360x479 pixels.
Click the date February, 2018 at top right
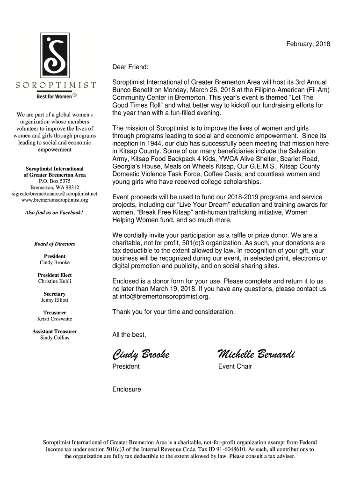308,44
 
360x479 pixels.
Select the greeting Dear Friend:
130,67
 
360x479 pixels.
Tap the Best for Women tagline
55,96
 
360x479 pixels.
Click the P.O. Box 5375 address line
55,181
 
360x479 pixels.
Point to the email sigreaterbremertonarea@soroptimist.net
55,193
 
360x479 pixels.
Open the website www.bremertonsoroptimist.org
55,200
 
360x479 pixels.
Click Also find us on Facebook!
55,213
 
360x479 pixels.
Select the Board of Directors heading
55,244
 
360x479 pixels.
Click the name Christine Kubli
55,282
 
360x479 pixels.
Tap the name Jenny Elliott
55,300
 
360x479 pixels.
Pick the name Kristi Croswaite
55,319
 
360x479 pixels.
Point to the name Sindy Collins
55,338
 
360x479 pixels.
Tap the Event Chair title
235,366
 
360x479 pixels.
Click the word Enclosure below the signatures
126,389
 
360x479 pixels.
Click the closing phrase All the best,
129,334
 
